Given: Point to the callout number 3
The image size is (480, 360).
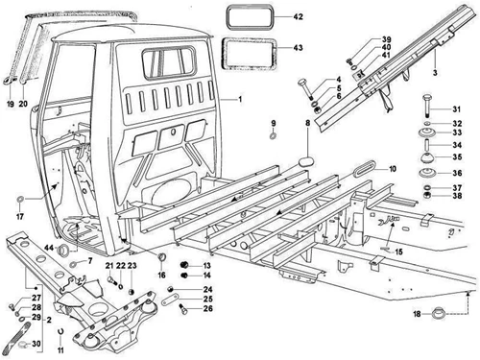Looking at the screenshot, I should tap(434, 72).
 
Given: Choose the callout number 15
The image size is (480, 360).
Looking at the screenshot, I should tap(396, 252).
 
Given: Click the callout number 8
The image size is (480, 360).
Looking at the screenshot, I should tap(308, 124).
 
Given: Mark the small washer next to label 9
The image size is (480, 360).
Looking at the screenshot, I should tap(273, 137).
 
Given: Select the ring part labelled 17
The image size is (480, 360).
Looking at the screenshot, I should tap(19, 203).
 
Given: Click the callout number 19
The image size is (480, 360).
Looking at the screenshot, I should tap(10, 98).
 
